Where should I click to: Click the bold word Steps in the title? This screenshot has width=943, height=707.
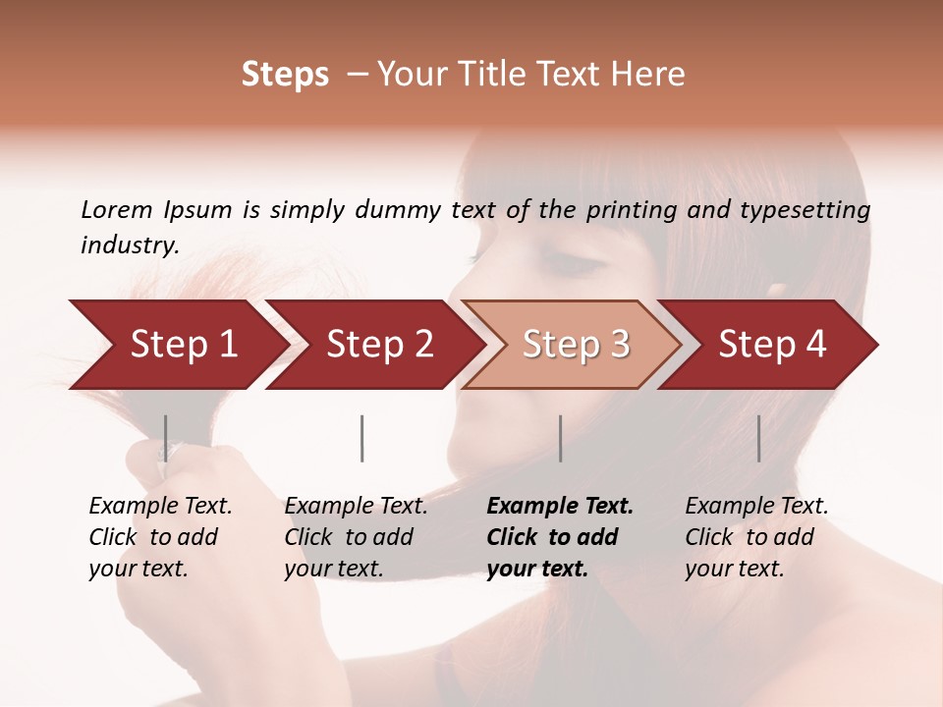coord(285,75)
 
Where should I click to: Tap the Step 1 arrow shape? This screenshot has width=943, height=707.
coord(177,345)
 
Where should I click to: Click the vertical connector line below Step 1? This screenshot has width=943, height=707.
coord(166,438)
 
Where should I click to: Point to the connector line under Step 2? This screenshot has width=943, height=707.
coord(362,438)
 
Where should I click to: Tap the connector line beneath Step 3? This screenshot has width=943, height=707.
coord(560,438)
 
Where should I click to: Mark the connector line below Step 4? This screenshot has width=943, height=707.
coord(758,438)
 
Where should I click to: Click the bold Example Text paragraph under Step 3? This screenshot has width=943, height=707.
coord(560,537)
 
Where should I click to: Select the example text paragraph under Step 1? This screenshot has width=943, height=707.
coord(160,537)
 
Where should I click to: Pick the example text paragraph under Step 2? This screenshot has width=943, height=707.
coord(356,537)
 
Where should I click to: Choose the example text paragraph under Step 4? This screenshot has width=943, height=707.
coord(756,537)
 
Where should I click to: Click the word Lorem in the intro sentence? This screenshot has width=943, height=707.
coord(117,210)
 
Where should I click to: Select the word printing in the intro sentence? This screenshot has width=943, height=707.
coord(634,210)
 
